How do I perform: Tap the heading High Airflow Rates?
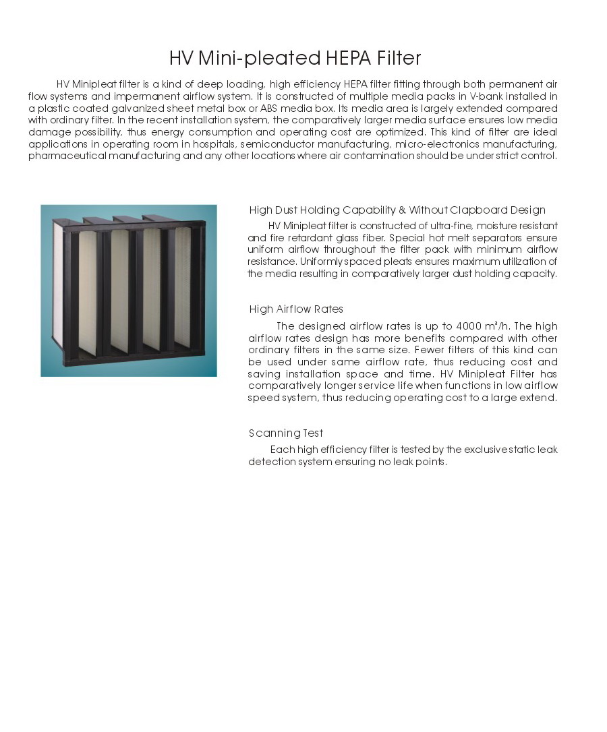[296, 309]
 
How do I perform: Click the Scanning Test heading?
[286, 433]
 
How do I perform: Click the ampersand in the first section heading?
[402, 210]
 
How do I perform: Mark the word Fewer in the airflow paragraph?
[426, 350]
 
